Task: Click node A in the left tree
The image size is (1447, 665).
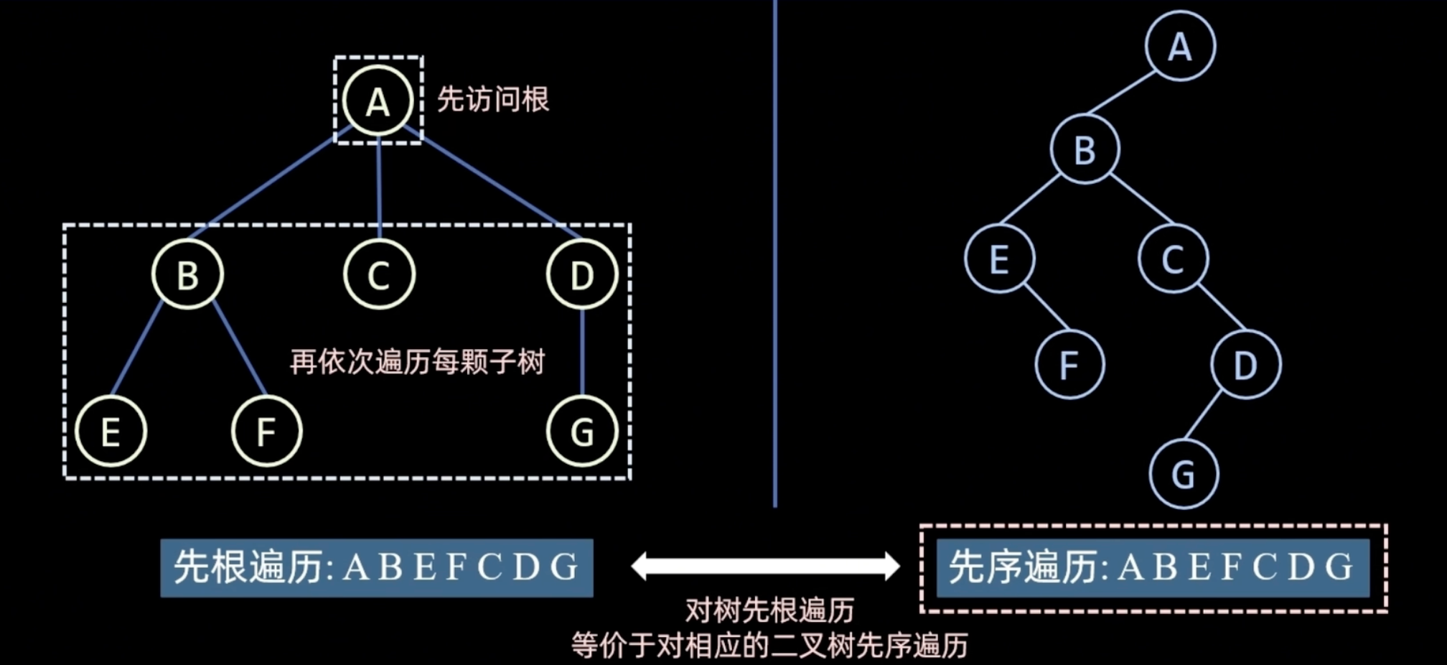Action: tap(378, 101)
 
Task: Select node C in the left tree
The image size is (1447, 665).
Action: tap(379, 274)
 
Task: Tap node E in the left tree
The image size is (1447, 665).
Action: tap(111, 432)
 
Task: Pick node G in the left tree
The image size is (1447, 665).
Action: tap(582, 432)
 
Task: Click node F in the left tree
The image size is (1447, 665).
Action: tap(266, 432)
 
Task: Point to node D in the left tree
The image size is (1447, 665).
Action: tap(582, 274)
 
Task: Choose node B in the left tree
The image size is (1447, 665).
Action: tap(187, 274)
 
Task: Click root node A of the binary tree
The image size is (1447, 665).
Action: tap(1180, 46)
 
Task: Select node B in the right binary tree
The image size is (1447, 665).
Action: tap(1085, 149)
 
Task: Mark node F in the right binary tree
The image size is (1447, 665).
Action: tap(1069, 364)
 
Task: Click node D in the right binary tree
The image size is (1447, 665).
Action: tap(1245, 364)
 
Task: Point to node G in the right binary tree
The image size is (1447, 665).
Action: tap(1184, 474)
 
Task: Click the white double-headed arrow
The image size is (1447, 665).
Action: tap(765, 566)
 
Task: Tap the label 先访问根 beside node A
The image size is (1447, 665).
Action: tap(493, 99)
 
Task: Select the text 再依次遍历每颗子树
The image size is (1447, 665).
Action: tap(417, 361)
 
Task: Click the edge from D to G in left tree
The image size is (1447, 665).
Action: tap(582, 352)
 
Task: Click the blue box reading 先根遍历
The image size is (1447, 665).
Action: tap(377, 567)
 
